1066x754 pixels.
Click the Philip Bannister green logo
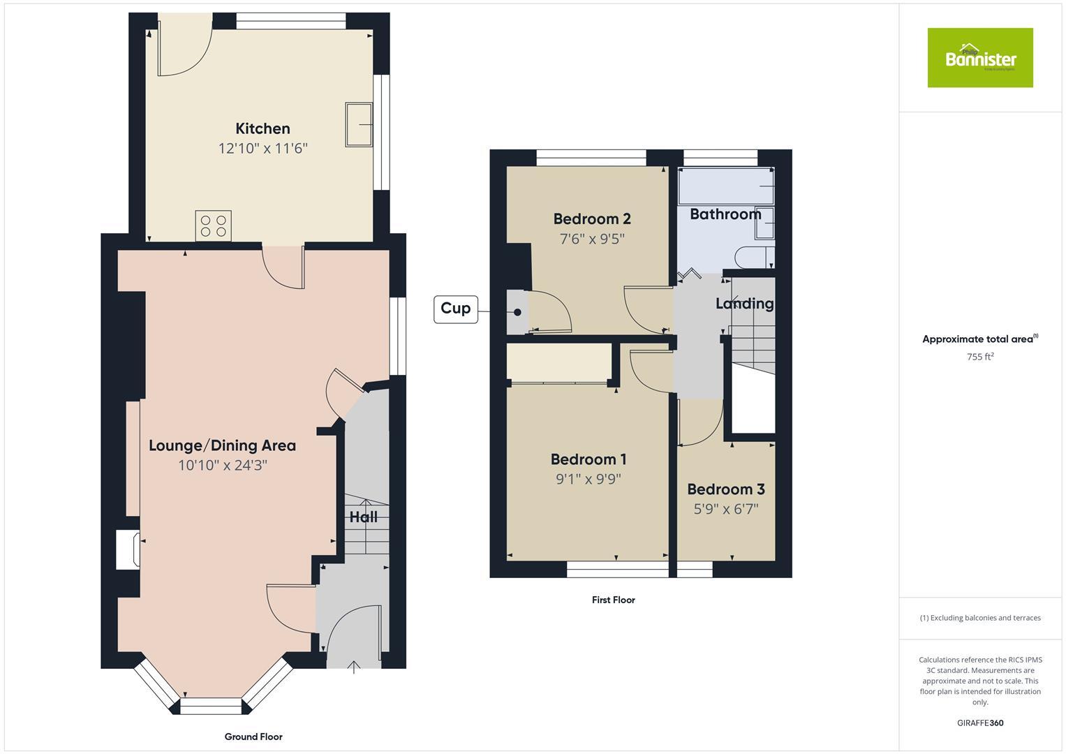pyautogui.click(x=979, y=58)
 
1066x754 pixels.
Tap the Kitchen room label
pyautogui.click(x=262, y=128)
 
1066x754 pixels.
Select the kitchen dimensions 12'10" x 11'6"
pyautogui.click(x=262, y=148)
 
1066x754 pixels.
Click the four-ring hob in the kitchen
pyautogui.click(x=214, y=226)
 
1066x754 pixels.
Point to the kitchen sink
pyautogui.click(x=359, y=125)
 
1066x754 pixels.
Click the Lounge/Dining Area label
pyautogui.click(x=222, y=445)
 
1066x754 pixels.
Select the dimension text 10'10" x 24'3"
pyautogui.click(x=222, y=465)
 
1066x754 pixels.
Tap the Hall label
pyautogui.click(x=363, y=517)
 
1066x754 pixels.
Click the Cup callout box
pyautogui.click(x=456, y=309)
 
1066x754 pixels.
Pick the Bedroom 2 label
pyautogui.click(x=592, y=219)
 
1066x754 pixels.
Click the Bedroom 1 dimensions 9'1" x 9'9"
pyautogui.click(x=588, y=479)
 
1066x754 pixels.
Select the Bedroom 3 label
pyautogui.click(x=725, y=489)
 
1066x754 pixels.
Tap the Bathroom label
pyautogui.click(x=725, y=214)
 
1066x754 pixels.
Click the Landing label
pyautogui.click(x=744, y=304)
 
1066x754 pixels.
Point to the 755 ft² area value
pyautogui.click(x=979, y=357)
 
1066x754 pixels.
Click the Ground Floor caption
pyautogui.click(x=253, y=737)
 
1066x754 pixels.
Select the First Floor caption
pyautogui.click(x=613, y=600)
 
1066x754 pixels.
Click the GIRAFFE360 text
pyautogui.click(x=979, y=723)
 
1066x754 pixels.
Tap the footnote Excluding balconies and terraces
pyautogui.click(x=979, y=618)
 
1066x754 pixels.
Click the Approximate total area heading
pyautogui.click(x=979, y=339)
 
